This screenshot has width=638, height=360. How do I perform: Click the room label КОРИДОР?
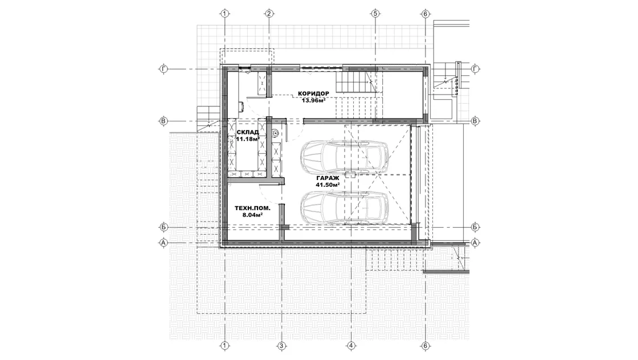pyautogui.click(x=313, y=93)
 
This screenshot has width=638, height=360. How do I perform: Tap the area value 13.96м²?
pyautogui.click(x=313, y=100)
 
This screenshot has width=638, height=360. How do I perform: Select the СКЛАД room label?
pyautogui.click(x=247, y=132)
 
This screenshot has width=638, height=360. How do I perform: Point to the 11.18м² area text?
pyautogui.click(x=248, y=139)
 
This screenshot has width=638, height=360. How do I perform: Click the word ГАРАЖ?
pyautogui.click(x=327, y=178)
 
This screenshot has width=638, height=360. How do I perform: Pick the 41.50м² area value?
pyautogui.click(x=328, y=185)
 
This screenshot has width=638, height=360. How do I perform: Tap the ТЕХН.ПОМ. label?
pyautogui.click(x=252, y=208)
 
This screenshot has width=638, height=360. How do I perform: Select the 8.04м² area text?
pyautogui.click(x=252, y=215)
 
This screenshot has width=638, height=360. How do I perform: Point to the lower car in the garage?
pyautogui.click(x=345, y=207)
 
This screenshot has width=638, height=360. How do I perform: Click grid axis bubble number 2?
pyautogui.click(x=268, y=14)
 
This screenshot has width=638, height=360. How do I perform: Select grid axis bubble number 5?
pyautogui.click(x=375, y=14)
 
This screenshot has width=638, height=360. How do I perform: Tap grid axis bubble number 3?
pyautogui.click(x=281, y=346)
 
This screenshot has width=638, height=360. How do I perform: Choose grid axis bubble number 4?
pyautogui.click(x=351, y=346)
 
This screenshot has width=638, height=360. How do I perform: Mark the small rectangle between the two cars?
pyautogui.click(x=350, y=174)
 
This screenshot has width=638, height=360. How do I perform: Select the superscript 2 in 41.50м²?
pyautogui.click(x=338, y=183)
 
